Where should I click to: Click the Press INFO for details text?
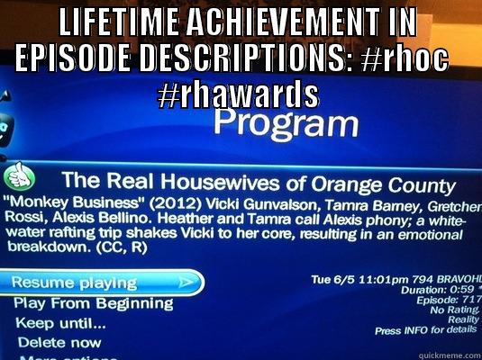tap(424, 330)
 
